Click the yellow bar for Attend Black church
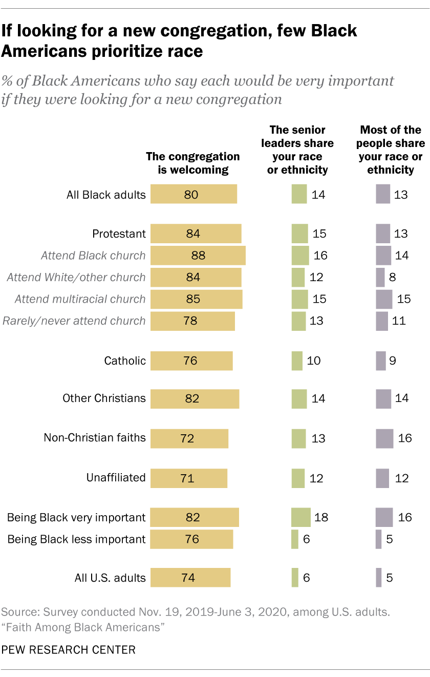[x=198, y=256]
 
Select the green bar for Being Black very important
[x=300, y=517]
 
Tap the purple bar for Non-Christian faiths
[x=384, y=438]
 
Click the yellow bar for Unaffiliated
[x=188, y=478]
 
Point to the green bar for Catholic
[x=297, y=361]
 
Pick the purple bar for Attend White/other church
[x=380, y=277]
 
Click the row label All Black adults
[x=106, y=195]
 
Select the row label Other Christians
[x=104, y=398]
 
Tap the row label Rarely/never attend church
[x=74, y=321]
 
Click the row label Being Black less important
[x=76, y=539]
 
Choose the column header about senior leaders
[x=297, y=150]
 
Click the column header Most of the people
[x=391, y=150]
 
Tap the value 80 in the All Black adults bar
[x=191, y=195]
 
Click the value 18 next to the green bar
[x=321, y=517]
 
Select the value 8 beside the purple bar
[x=393, y=277]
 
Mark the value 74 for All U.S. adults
[x=188, y=578]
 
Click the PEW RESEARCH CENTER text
[x=69, y=650]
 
